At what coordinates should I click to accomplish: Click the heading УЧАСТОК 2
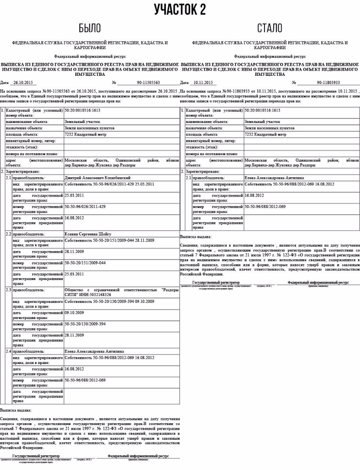point(180,9)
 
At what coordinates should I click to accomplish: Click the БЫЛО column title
point(90,28)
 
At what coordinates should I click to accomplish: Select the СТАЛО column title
point(270,28)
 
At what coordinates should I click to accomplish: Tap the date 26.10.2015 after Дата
point(24,83)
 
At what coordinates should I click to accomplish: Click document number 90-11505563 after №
point(148,83)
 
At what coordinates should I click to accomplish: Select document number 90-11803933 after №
point(328,83)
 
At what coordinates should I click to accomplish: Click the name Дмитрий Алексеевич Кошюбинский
point(98,177)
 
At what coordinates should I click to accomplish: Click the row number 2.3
point(8,291)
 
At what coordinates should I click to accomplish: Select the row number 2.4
point(8,351)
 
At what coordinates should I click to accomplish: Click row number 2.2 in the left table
point(8,234)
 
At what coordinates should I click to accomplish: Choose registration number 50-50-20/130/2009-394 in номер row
point(85,324)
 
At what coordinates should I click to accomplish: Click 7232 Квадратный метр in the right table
point(265,134)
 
